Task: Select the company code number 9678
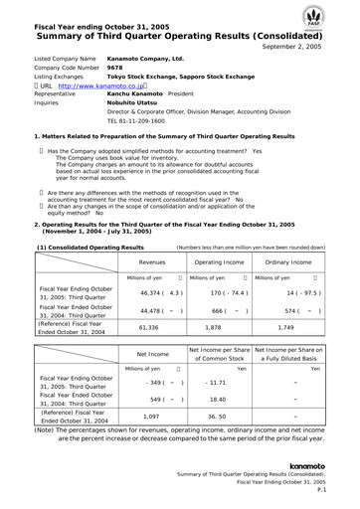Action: [116, 69]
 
